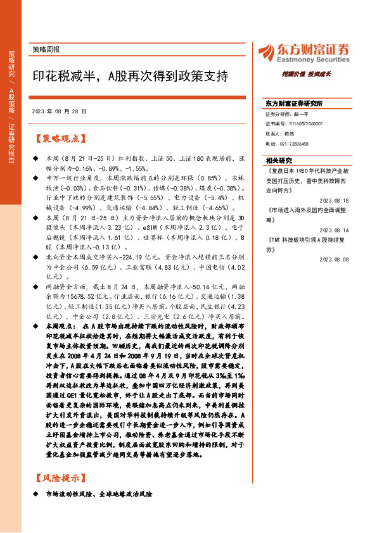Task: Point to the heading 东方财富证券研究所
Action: click(x=294, y=103)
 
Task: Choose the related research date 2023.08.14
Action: click(x=335, y=231)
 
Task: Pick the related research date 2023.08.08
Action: click(x=335, y=259)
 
